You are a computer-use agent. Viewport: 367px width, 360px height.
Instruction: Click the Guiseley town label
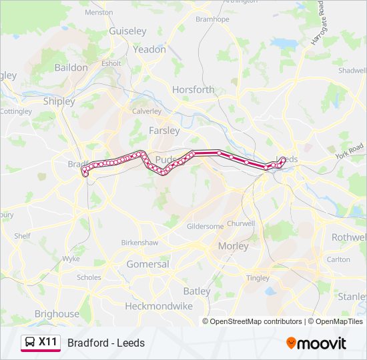[x=127, y=31]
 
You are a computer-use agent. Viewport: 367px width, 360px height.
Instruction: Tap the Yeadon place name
[x=149, y=49]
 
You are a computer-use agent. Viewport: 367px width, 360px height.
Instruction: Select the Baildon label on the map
[x=71, y=67]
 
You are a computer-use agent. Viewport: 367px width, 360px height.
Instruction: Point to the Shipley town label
[x=59, y=101]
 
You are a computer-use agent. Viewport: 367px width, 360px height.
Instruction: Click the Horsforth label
[x=194, y=89]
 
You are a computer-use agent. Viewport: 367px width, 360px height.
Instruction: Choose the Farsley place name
[x=164, y=131]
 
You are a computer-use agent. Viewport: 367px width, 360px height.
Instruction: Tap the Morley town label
[x=233, y=246]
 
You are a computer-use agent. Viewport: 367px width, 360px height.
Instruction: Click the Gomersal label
[x=147, y=264]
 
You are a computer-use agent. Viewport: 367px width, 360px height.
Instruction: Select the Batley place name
[x=196, y=291]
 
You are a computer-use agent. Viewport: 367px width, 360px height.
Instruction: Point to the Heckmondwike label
[x=159, y=306]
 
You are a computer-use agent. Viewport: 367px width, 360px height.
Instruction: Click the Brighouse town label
[x=57, y=313]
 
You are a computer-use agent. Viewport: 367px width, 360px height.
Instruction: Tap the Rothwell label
[x=348, y=237]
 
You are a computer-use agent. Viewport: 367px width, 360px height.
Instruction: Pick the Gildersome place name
[x=206, y=227]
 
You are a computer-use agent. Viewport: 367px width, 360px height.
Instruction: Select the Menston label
[x=99, y=12]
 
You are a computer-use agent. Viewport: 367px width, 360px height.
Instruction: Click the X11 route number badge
[x=48, y=342]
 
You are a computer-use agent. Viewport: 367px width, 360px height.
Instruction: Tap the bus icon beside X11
[x=30, y=343]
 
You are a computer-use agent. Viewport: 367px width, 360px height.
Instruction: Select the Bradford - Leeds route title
[x=105, y=343]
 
